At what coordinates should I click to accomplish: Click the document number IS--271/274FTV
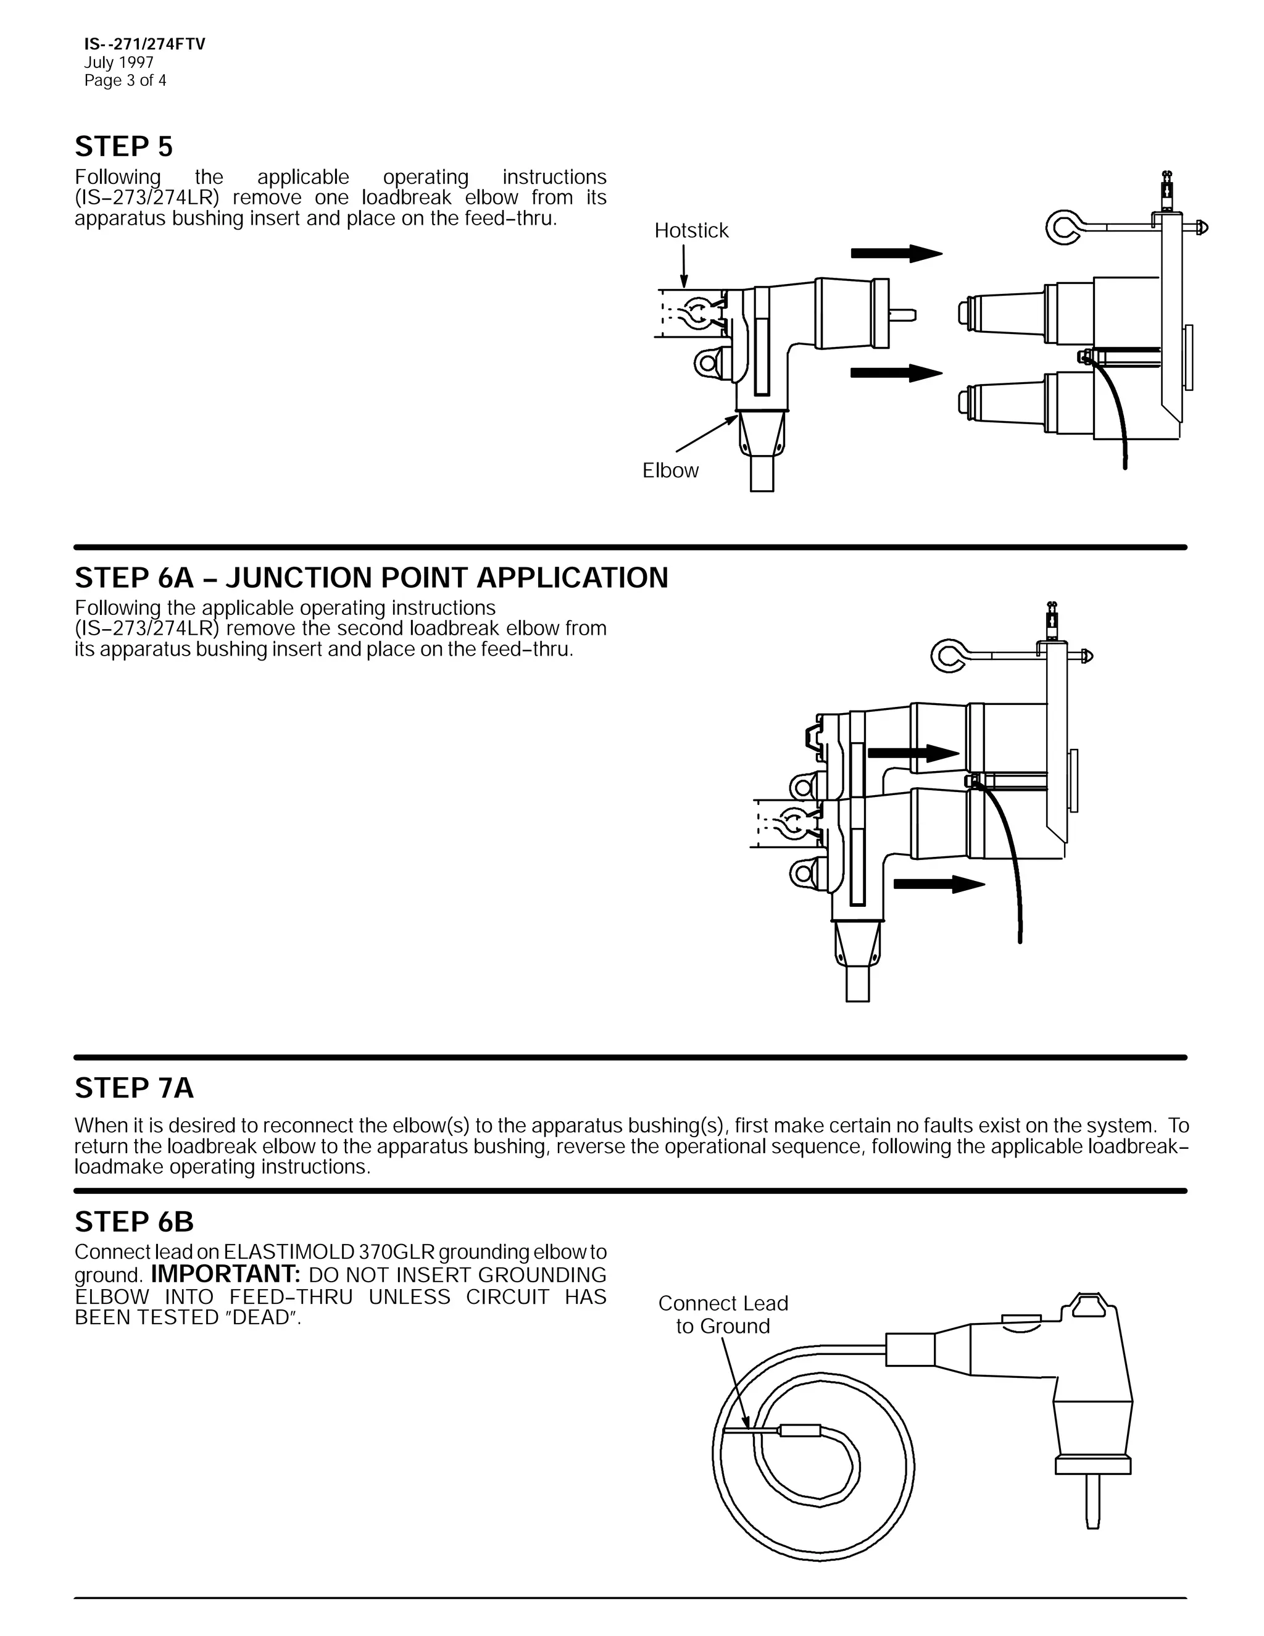(x=144, y=44)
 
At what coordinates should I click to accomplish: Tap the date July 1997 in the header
(x=118, y=63)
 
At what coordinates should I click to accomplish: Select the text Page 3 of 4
(x=125, y=81)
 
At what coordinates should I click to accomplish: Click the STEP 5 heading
(x=123, y=147)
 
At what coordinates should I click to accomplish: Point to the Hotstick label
(x=691, y=231)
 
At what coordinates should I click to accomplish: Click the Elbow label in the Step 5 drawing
(x=670, y=470)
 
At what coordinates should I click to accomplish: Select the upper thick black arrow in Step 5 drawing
(x=896, y=253)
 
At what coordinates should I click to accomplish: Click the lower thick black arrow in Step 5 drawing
(x=896, y=372)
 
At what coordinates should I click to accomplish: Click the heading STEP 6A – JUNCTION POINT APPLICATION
(x=372, y=578)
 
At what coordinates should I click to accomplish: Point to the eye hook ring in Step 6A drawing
(x=949, y=656)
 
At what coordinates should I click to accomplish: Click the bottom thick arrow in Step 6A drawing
(x=939, y=884)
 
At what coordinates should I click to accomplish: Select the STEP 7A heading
(x=134, y=1088)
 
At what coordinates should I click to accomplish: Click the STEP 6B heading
(x=134, y=1222)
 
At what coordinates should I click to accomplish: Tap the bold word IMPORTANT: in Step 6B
(x=225, y=1274)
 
